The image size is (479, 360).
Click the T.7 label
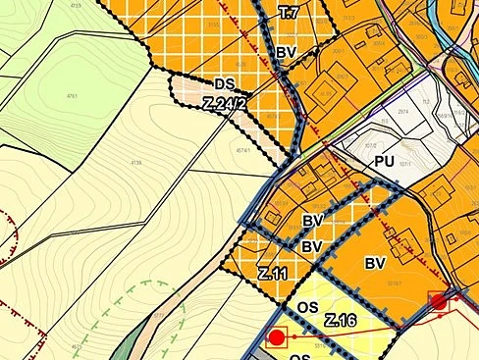point(287,13)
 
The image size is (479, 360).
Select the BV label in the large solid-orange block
point(374,263)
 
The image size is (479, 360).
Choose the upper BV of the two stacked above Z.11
point(313,221)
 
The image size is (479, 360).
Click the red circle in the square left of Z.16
point(277,337)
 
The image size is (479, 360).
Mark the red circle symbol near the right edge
point(438,301)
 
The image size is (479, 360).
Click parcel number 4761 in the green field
point(71,96)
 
